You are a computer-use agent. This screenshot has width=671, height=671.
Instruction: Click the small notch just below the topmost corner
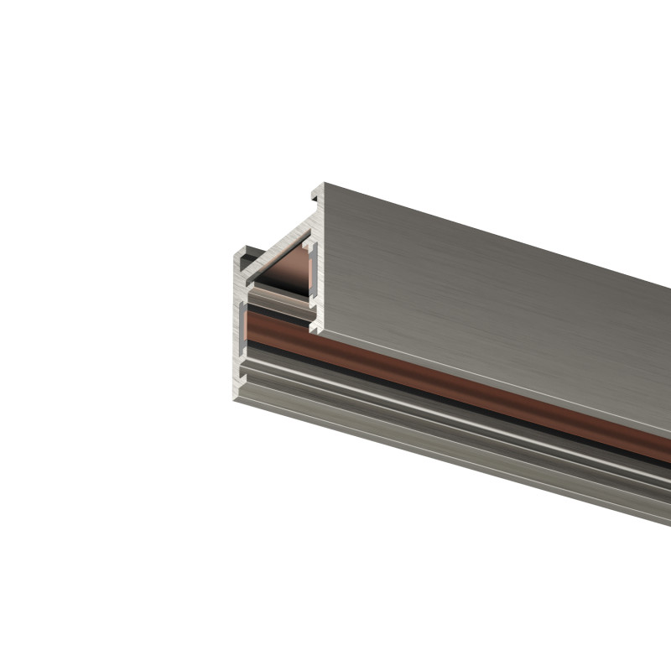(x=315, y=199)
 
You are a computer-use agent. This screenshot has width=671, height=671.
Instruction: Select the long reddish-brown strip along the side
(x=470, y=394)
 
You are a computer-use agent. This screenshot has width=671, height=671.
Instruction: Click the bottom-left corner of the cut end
(x=237, y=398)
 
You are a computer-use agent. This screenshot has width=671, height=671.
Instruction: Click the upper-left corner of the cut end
(x=236, y=249)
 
